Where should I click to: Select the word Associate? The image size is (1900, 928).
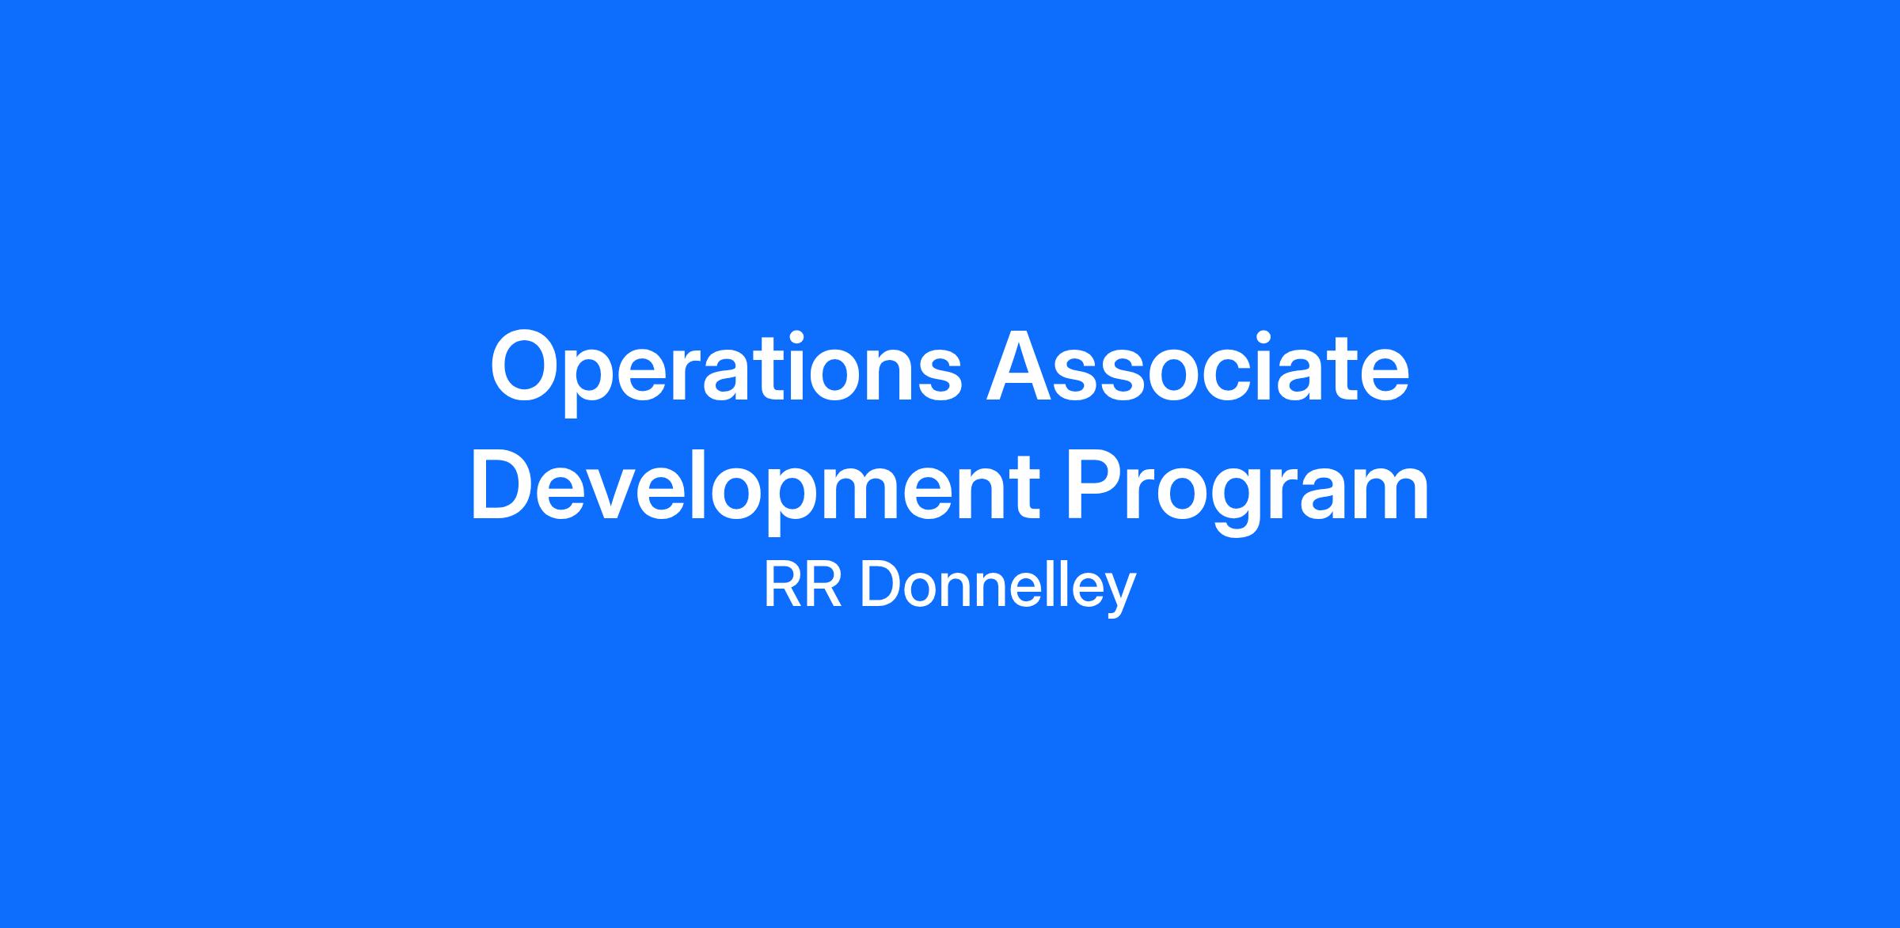[x=1198, y=366]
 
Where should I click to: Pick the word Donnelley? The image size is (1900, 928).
[x=998, y=590]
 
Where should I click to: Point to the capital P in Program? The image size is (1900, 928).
[x=1095, y=485]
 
